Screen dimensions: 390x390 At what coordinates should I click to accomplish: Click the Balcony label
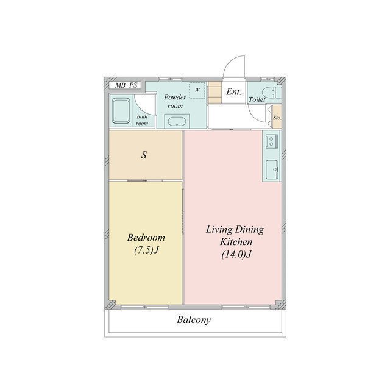point(194,319)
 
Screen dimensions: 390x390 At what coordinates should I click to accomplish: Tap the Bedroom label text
point(146,238)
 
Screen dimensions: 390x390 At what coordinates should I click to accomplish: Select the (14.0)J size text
point(236,254)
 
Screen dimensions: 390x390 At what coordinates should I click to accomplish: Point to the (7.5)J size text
point(146,250)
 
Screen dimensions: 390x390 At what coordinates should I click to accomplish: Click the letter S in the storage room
point(144,155)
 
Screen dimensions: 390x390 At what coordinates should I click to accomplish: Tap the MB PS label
point(126,85)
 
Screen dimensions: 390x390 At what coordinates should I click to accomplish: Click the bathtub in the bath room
point(121,111)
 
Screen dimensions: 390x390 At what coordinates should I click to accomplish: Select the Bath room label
point(142,119)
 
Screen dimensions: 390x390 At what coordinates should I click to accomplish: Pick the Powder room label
point(175,101)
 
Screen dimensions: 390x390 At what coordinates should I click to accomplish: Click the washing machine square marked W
point(197,90)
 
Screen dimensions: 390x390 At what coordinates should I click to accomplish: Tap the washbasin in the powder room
point(177,122)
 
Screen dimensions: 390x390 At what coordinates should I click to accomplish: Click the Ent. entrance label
point(234,92)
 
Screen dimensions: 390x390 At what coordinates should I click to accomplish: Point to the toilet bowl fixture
point(272,93)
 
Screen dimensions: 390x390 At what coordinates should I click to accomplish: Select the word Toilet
point(257,99)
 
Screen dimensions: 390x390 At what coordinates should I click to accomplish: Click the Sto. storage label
point(277,118)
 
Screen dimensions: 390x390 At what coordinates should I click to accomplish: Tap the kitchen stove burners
point(272,141)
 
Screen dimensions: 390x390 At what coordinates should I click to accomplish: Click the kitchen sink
point(272,169)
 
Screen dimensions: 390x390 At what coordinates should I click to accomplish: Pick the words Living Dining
point(235,230)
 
